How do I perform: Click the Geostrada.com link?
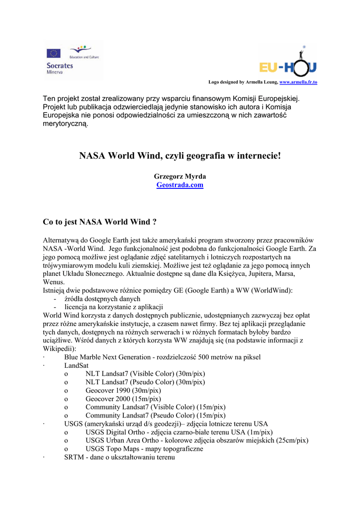pyautogui.click(x=180, y=185)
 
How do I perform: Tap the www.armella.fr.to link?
pyautogui.click(x=298, y=82)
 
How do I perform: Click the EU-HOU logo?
pyautogui.click(x=288, y=64)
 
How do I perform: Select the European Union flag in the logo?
pyautogui.click(x=54, y=53)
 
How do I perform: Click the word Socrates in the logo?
pyautogui.click(x=60, y=65)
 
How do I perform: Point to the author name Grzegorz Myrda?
pyautogui.click(x=180, y=176)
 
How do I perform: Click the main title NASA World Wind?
pyautogui.click(x=180, y=156)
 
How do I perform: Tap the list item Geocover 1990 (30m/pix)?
pyautogui.click(x=123, y=390)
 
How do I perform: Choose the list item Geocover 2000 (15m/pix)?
pyautogui.click(x=123, y=399)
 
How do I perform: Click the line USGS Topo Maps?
pyautogui.click(x=144, y=449)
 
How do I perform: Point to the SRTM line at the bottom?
pyautogui.click(x=119, y=457)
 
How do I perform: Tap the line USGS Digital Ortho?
pyautogui.click(x=179, y=432)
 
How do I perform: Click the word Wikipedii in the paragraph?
pyautogui.click(x=59, y=348)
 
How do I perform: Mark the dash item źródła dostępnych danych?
pyautogui.click(x=102, y=298)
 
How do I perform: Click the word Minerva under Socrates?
pyautogui.click(x=55, y=72)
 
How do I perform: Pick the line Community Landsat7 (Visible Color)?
pyautogui.click(x=155, y=407)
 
